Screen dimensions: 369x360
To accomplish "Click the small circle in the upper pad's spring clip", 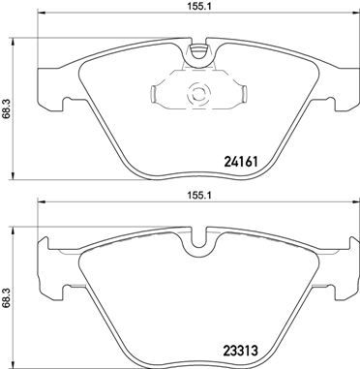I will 199,94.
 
